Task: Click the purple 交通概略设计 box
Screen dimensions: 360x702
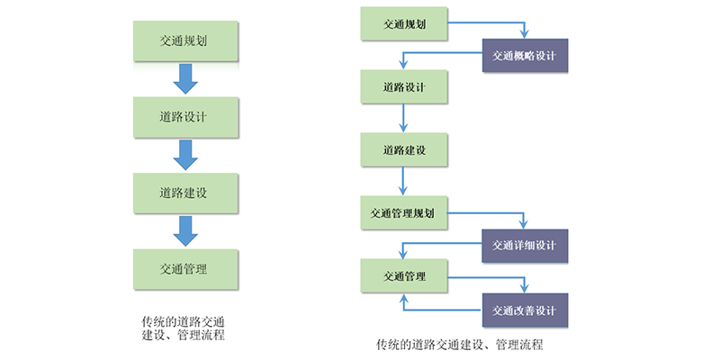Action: pos(525,55)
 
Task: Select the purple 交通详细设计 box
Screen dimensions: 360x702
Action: pos(525,246)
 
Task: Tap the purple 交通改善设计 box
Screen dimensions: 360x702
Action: pos(525,310)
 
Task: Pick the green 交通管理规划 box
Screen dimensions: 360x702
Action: pos(402,213)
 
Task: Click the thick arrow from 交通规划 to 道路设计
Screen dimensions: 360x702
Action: pos(186,78)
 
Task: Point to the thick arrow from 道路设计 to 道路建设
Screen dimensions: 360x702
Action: pos(186,154)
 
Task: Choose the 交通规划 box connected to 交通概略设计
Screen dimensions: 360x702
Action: pos(402,22)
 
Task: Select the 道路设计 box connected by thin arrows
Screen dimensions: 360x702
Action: pos(402,86)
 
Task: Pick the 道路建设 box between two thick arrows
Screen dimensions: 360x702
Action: pos(186,192)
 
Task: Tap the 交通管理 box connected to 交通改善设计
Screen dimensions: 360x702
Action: pos(402,274)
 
